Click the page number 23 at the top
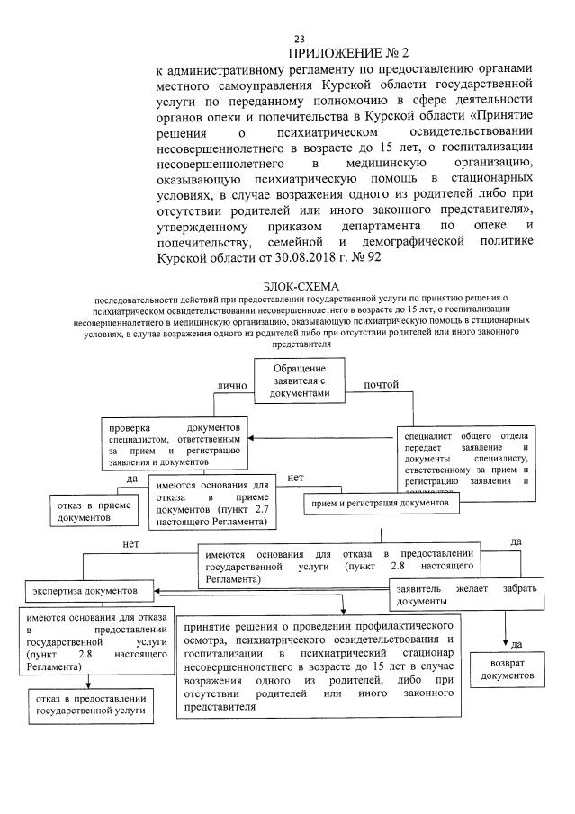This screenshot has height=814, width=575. (x=300, y=38)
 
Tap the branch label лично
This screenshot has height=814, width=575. (x=231, y=386)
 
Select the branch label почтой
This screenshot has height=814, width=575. (x=380, y=386)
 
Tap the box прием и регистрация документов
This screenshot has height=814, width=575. (x=382, y=505)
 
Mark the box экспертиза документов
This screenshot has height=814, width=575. (x=87, y=592)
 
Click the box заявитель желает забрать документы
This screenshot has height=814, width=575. (x=465, y=594)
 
